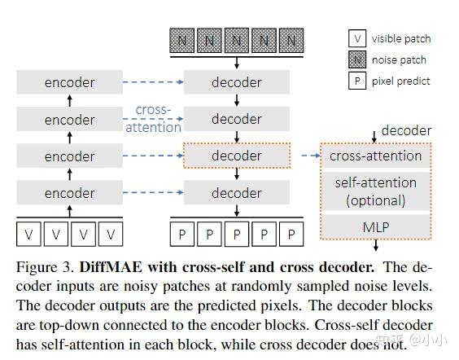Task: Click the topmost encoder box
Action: pyautogui.click(x=69, y=82)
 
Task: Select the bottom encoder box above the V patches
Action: pyautogui.click(x=69, y=193)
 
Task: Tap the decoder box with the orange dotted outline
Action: pyautogui.click(x=237, y=156)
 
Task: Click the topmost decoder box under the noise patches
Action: pyautogui.click(x=237, y=82)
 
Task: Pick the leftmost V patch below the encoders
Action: pyautogui.click(x=29, y=235)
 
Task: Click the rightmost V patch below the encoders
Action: pyautogui.click(x=111, y=235)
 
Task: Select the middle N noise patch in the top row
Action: pyautogui.click(x=237, y=38)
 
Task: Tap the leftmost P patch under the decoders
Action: pyautogui.click(x=181, y=235)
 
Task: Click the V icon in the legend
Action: pyautogui.click(x=356, y=38)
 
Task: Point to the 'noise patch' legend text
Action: pyautogui.click(x=400, y=59)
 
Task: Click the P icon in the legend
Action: pyautogui.click(x=356, y=81)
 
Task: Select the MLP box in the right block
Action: pyautogui.click(x=375, y=226)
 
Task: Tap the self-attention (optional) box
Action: pyautogui.click(x=375, y=191)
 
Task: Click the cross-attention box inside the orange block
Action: pyautogui.click(x=375, y=156)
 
